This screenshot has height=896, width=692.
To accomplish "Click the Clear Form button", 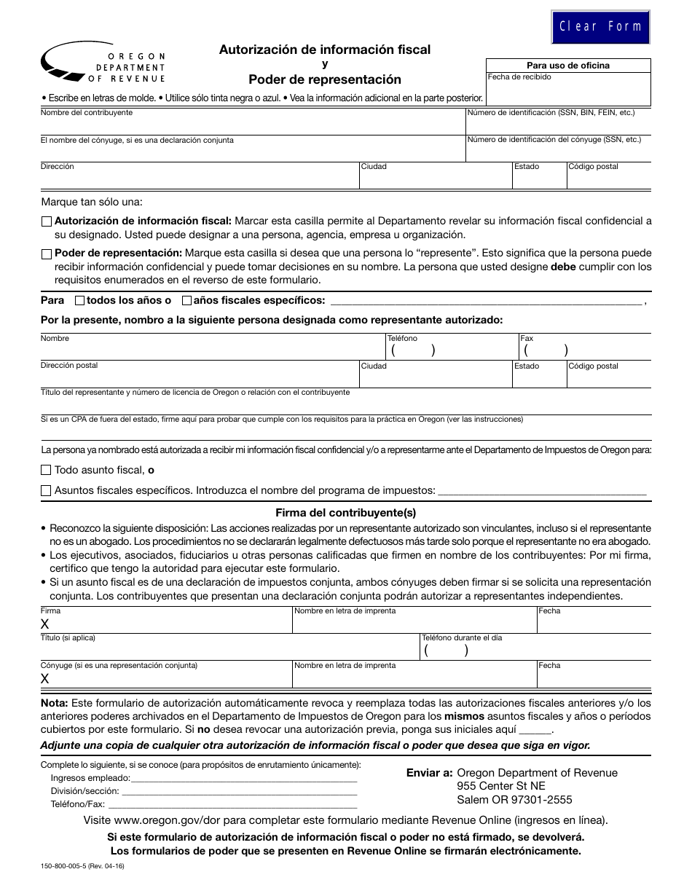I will (600, 27).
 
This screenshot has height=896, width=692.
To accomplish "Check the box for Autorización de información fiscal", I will (47, 221).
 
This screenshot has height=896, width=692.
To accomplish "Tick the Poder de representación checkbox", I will (47, 254).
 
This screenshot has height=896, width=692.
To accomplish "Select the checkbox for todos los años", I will (79, 300).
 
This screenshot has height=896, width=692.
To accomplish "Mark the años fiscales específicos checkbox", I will (186, 300).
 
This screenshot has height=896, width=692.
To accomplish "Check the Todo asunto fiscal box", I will (47, 471).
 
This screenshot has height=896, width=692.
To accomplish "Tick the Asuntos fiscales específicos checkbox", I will (47, 491).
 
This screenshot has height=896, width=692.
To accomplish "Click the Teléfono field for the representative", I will (452, 350).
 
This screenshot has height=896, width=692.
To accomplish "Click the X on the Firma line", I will (45, 624).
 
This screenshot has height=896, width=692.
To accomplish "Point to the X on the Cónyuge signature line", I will (45, 679).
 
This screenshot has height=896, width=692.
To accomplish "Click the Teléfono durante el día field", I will (535, 651).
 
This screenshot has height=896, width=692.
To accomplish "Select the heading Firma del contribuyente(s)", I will (345, 513).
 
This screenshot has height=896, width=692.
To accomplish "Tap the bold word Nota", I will (54, 703).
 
